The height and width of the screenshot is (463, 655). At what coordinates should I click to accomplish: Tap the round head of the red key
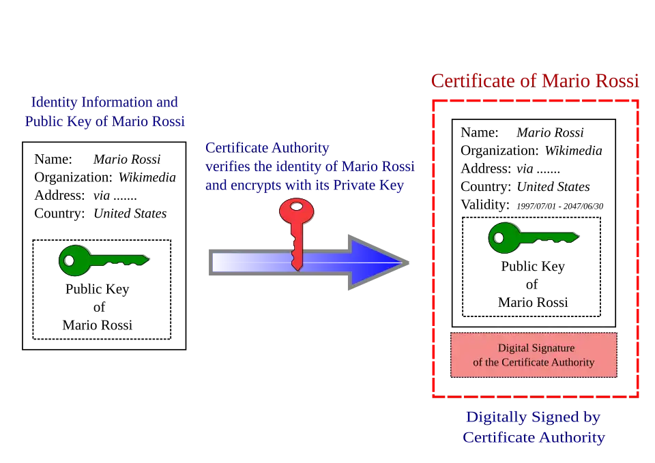tap(296, 211)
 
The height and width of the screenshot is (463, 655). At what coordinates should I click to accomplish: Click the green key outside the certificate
tap(102, 260)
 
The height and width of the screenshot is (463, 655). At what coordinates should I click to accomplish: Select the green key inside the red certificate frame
tap(532, 237)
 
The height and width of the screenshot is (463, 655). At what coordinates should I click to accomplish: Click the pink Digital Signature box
tap(533, 355)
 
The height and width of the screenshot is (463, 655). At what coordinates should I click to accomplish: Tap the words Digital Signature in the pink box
tap(536, 348)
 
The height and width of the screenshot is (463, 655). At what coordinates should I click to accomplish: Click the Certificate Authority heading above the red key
tap(267, 147)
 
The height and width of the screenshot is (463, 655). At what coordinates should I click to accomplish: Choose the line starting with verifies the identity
tap(309, 166)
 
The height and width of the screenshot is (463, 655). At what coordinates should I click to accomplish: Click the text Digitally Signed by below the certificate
tap(533, 417)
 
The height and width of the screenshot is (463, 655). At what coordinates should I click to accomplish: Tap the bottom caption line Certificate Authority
tap(533, 438)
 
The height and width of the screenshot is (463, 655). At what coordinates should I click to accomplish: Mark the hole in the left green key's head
tap(68, 260)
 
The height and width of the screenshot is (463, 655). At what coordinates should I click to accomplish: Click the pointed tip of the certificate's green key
tap(577, 237)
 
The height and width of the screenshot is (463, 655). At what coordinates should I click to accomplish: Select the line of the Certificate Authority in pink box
tap(533, 363)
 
